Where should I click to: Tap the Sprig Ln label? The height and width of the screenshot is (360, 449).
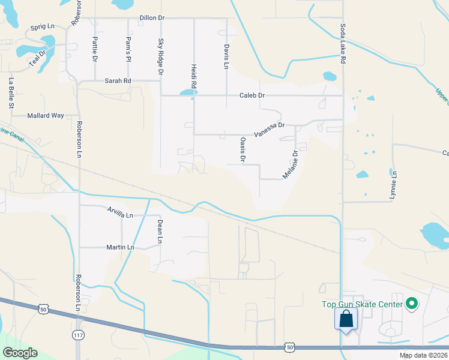[42, 28]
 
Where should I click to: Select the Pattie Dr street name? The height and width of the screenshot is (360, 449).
[95, 50]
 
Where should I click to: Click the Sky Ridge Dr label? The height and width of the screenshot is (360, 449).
[161, 56]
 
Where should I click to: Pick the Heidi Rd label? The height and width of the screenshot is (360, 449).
[194, 77]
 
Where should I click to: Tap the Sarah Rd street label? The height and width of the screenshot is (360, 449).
[118, 81]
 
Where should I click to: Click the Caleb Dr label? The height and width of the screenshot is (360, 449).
[252, 95]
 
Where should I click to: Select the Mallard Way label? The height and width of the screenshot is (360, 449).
[46, 115]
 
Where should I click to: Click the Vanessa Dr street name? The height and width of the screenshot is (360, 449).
[268, 129]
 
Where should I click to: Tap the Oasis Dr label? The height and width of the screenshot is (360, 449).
[243, 149]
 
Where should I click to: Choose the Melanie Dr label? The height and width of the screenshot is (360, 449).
[291, 164]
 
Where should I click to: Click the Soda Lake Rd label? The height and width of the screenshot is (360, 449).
[343, 44]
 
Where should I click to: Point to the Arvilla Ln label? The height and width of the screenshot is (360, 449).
[120, 214]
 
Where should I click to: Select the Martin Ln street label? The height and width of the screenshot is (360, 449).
[120, 247]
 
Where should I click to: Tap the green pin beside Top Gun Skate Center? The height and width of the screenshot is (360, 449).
[411, 305]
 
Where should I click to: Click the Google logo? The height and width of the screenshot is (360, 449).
[20, 353]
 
